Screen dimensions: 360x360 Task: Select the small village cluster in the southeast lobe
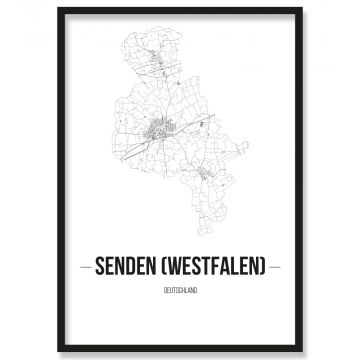click(x=208, y=175)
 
